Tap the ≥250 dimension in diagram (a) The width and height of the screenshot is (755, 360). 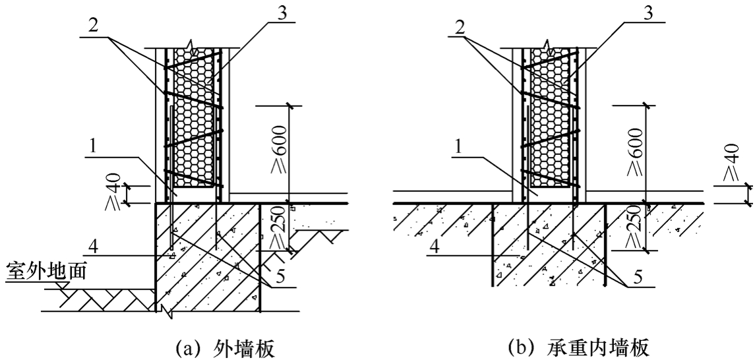[278, 225]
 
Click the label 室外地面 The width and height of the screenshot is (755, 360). [47, 272]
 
